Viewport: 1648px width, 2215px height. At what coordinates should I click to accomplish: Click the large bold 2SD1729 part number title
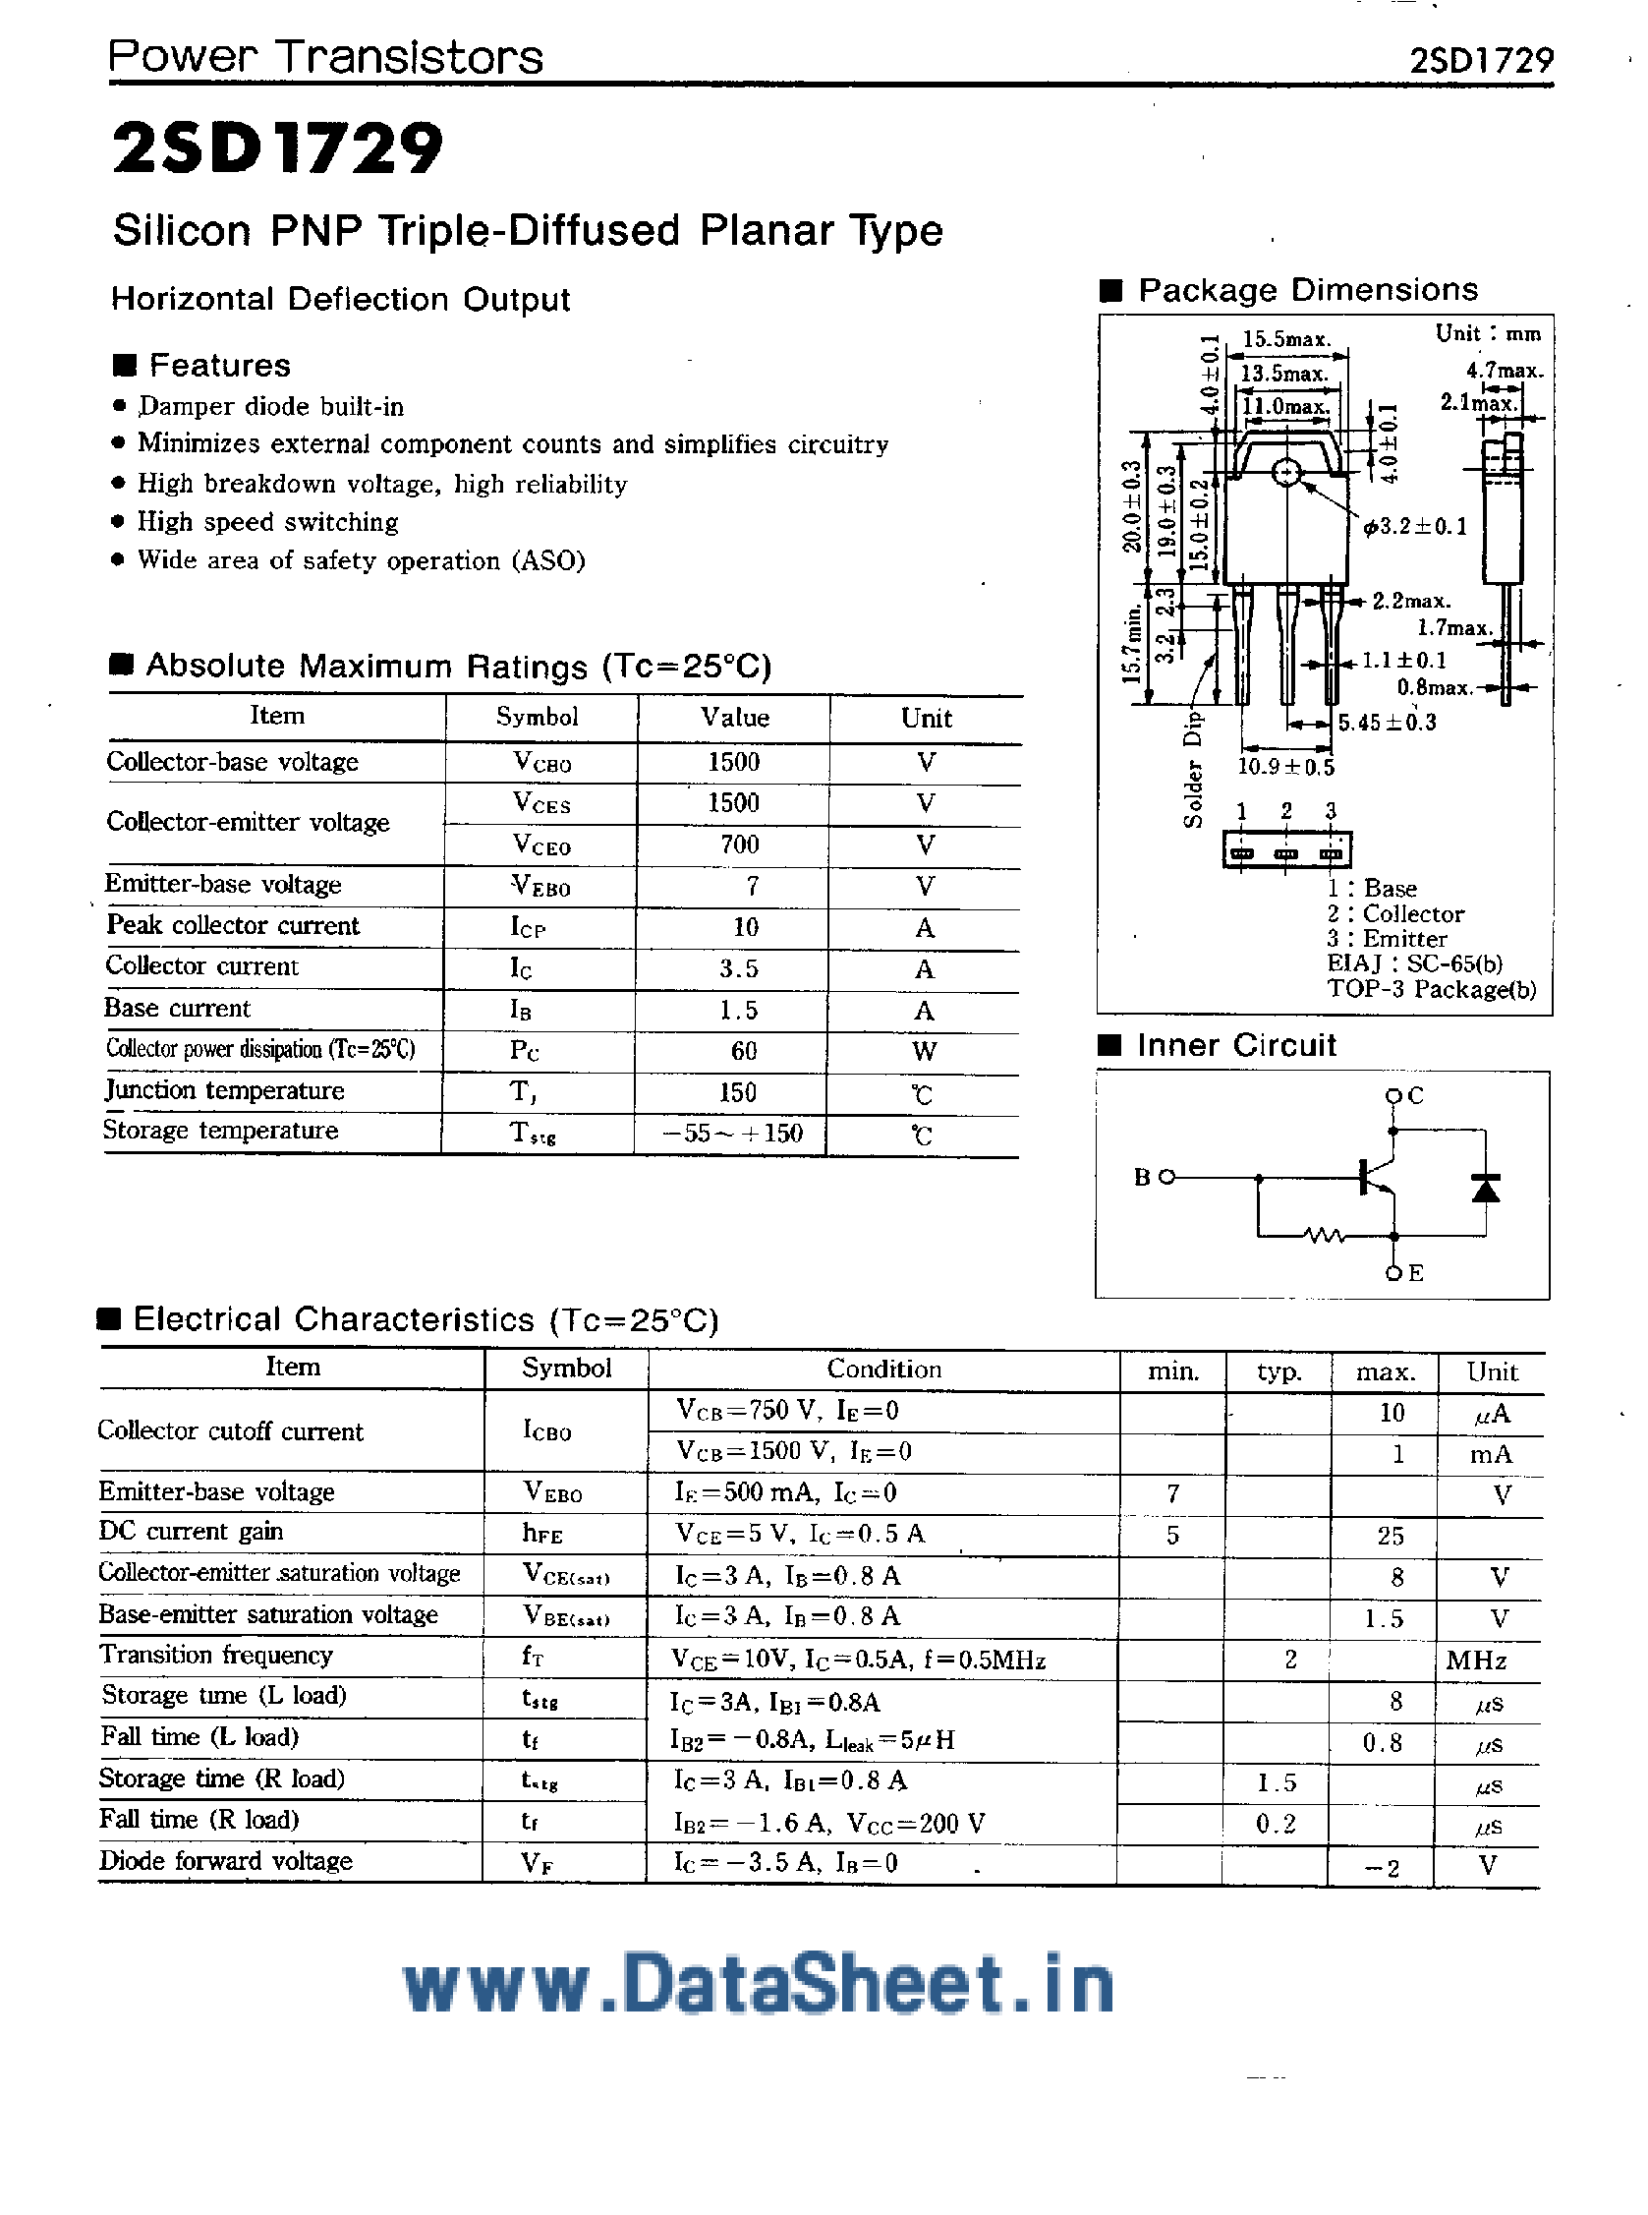click(x=277, y=148)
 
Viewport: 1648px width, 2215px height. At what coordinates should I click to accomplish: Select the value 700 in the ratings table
click(x=739, y=845)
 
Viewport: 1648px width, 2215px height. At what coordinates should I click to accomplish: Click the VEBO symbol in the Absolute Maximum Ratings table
click(x=540, y=886)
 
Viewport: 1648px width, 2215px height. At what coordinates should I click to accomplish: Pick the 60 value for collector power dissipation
click(x=743, y=1051)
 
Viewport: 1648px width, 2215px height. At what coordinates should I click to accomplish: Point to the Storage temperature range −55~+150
click(x=732, y=1134)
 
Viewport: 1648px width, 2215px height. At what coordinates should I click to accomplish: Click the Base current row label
click(x=178, y=1009)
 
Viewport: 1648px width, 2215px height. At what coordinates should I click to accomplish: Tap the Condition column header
click(x=883, y=1369)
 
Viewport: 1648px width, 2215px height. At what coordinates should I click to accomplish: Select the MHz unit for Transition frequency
click(x=1476, y=1661)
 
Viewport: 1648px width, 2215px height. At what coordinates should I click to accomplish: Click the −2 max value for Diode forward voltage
click(x=1382, y=1868)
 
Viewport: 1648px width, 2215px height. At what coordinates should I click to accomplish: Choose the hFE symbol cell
click(x=542, y=1533)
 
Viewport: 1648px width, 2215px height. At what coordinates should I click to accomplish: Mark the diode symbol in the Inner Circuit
click(x=1486, y=1188)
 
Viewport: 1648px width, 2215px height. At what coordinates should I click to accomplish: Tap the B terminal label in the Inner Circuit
click(x=1143, y=1178)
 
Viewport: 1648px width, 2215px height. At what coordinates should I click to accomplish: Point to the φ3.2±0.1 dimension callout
click(x=1415, y=526)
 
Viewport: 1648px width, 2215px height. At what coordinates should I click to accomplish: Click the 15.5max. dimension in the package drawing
click(x=1286, y=339)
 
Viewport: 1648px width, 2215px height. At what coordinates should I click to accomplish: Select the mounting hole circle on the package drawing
click(x=1287, y=472)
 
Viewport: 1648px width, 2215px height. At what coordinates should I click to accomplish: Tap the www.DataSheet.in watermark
click(x=759, y=1986)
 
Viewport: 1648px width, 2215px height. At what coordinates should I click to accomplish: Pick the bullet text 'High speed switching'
click(x=267, y=522)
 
